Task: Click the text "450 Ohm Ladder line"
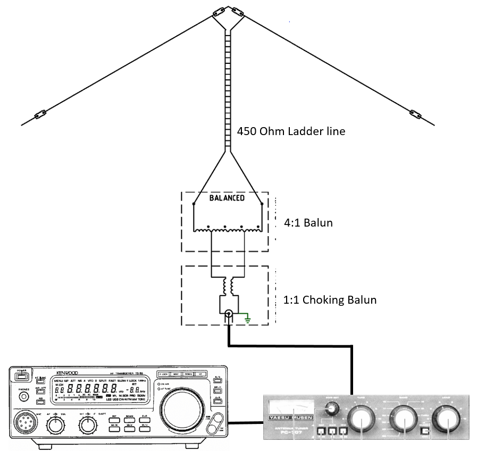click(291, 131)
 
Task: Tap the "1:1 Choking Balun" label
click(330, 300)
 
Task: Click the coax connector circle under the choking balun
click(229, 315)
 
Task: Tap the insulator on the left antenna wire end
click(40, 114)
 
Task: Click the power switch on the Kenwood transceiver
click(22, 377)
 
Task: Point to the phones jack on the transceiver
click(23, 398)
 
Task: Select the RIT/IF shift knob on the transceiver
click(86, 425)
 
